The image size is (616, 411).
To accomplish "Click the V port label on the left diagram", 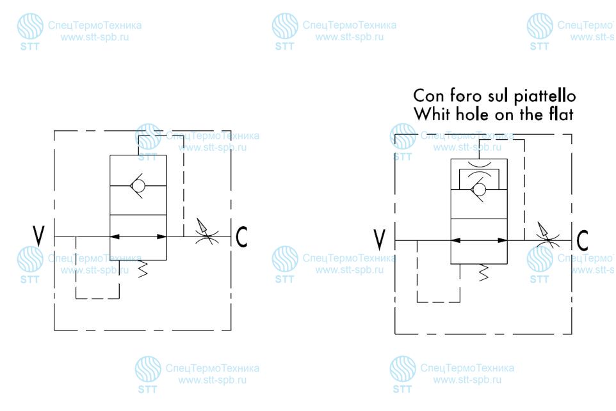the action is pyautogui.click(x=38, y=236).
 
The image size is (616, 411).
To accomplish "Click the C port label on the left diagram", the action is pyautogui.click(x=241, y=237).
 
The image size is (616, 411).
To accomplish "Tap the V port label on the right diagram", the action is pyautogui.click(x=380, y=239).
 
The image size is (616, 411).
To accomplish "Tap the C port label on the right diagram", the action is pyautogui.click(x=583, y=240).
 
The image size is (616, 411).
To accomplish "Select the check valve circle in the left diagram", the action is pyautogui.click(x=138, y=185).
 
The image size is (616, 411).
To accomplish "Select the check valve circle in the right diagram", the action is pyautogui.click(x=479, y=189).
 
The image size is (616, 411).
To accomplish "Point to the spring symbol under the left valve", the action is pyautogui.click(x=143, y=268).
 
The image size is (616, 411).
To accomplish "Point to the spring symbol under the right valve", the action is pyautogui.click(x=483, y=272).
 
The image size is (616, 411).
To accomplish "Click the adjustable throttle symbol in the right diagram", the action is pyautogui.click(x=547, y=236).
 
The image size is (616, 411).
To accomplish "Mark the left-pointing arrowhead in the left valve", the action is pyautogui.click(x=115, y=237).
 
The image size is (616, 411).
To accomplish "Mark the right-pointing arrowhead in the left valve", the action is pyautogui.click(x=162, y=237).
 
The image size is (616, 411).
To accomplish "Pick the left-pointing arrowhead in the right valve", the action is pyautogui.click(x=455, y=240).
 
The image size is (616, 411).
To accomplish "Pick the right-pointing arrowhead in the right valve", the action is pyautogui.click(x=503, y=240).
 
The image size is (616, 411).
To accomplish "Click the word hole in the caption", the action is pyautogui.click(x=473, y=114).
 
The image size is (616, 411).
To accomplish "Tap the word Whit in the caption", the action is pyautogui.click(x=432, y=114).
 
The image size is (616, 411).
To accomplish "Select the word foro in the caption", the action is pyautogui.click(x=466, y=96).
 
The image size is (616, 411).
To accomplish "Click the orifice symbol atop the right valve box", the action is pyautogui.click(x=479, y=164).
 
